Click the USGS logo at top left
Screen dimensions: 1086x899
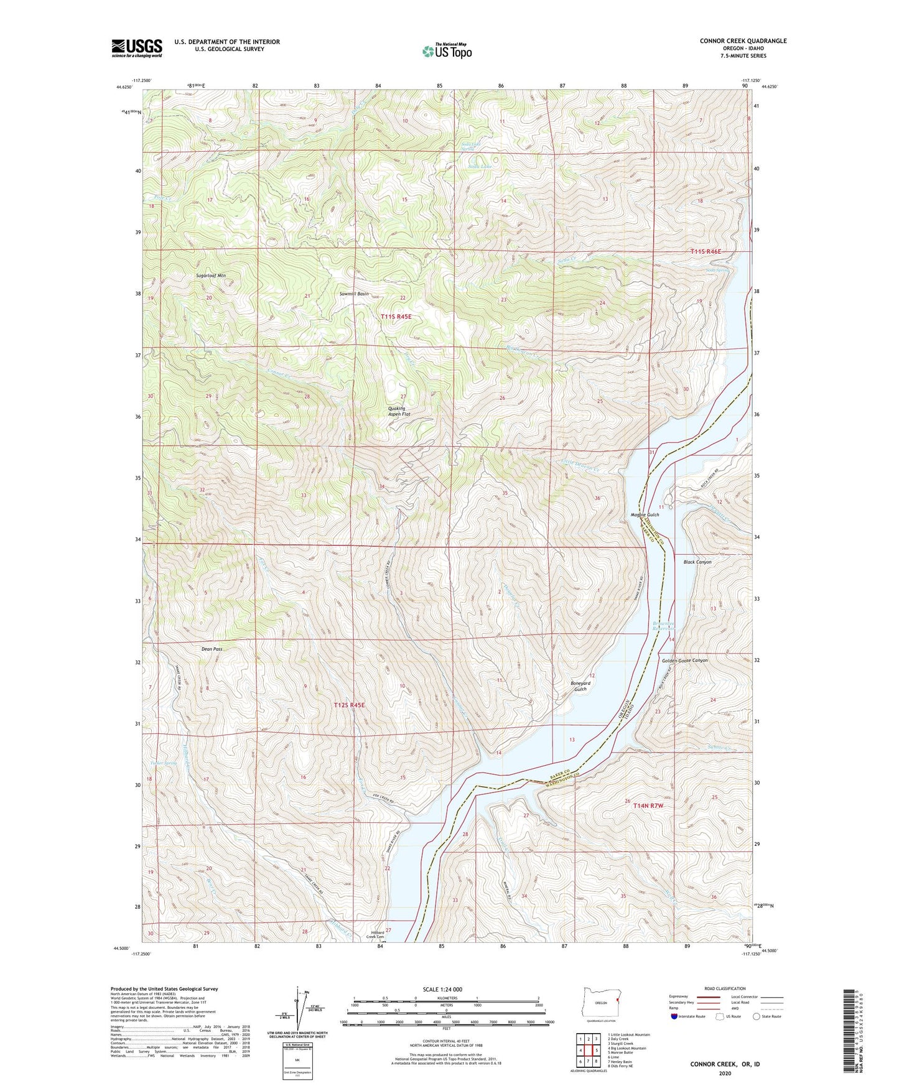(137, 47)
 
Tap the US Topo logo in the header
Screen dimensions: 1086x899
(446, 51)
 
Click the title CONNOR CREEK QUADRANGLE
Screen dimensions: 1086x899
(743, 41)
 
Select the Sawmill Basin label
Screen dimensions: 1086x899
(354, 294)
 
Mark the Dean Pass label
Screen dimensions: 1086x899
(212, 649)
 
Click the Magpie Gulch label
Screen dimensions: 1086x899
(645, 514)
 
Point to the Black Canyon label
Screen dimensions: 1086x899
(697, 562)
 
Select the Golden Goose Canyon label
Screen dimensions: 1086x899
(684, 661)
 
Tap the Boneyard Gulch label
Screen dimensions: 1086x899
(580, 686)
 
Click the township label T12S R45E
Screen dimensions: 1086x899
(349, 705)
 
